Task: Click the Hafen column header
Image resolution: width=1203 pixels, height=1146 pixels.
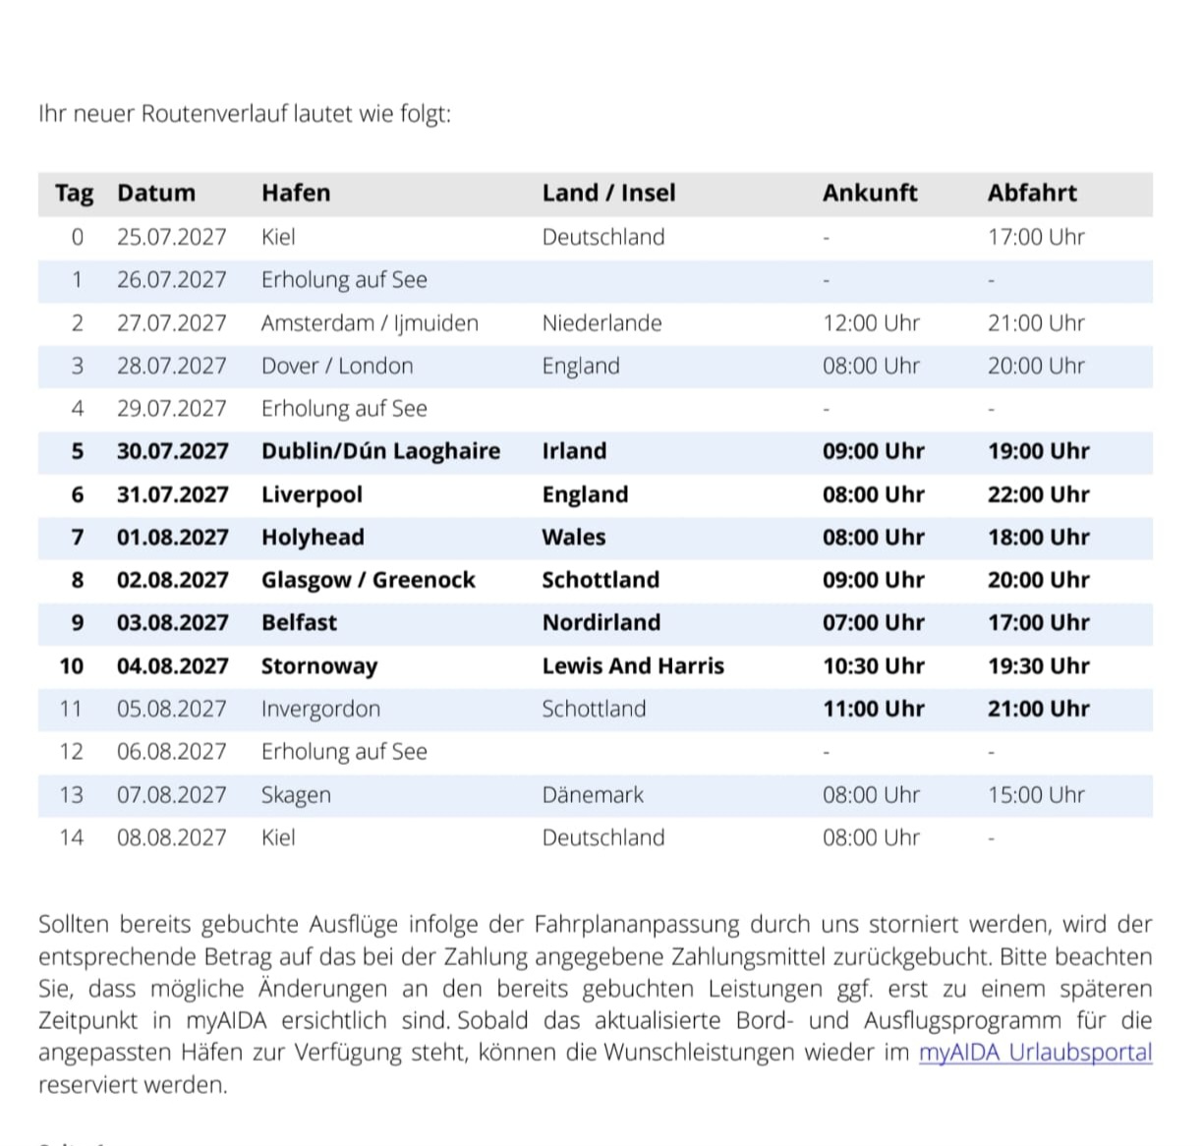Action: tap(296, 193)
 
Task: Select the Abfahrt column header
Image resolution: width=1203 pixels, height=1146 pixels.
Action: tap(1032, 193)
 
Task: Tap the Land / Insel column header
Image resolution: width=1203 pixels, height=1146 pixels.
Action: tap(608, 193)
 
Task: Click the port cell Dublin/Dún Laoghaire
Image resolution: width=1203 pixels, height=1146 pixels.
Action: tap(380, 451)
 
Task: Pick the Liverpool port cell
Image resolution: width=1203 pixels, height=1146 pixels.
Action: tap(312, 494)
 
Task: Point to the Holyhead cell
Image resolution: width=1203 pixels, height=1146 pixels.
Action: tap(313, 538)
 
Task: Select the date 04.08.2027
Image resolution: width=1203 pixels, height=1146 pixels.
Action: tap(172, 666)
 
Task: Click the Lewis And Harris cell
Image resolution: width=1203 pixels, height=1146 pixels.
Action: tap(633, 666)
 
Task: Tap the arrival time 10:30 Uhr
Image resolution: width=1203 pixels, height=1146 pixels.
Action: tap(873, 666)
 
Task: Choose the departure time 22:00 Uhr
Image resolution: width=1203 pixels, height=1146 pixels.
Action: tap(1038, 494)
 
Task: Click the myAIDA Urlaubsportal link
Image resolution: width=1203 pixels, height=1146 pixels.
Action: tap(1035, 1053)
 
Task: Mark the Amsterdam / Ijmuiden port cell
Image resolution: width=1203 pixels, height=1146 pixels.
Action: tap(370, 323)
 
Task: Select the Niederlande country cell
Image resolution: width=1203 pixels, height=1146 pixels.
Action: tap(601, 323)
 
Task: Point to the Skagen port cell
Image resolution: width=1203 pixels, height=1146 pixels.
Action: tap(296, 795)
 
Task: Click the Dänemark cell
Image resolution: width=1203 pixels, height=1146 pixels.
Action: tap(593, 795)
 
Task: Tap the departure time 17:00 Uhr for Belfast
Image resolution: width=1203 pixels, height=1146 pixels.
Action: tap(1038, 623)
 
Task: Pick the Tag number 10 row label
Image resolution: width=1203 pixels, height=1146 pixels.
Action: tap(72, 666)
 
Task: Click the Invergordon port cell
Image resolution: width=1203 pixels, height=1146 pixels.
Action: tap(320, 710)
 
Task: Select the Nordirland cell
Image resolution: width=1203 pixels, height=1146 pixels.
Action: tap(601, 623)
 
